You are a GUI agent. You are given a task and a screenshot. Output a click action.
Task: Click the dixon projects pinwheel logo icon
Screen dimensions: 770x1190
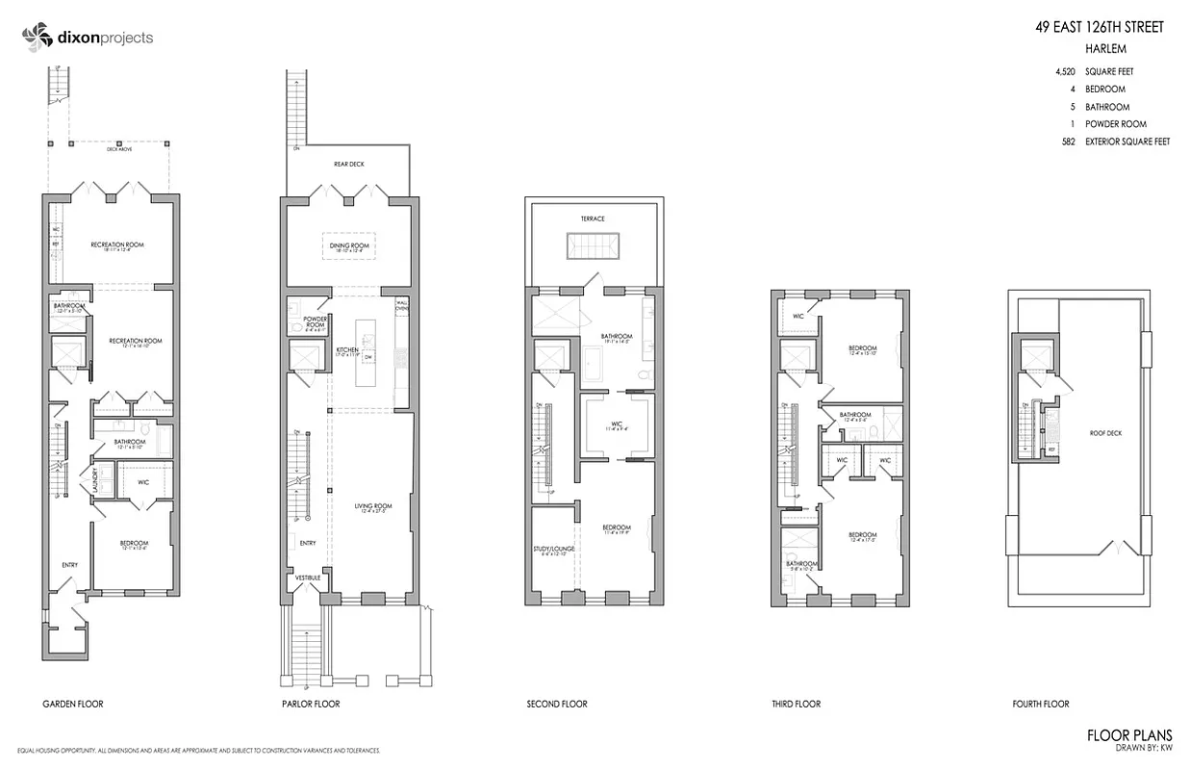click(36, 38)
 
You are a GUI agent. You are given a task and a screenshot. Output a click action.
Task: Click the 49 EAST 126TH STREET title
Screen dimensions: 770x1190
click(1099, 27)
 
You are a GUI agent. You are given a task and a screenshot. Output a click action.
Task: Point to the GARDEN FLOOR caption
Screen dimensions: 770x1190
click(73, 704)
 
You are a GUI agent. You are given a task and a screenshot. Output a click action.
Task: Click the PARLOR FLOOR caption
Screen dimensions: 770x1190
click(311, 704)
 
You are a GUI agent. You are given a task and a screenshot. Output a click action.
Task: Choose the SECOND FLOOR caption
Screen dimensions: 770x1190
click(557, 704)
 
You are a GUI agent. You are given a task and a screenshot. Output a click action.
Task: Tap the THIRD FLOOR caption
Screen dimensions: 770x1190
click(796, 704)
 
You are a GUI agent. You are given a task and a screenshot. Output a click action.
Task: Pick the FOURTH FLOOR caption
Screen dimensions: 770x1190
click(1041, 704)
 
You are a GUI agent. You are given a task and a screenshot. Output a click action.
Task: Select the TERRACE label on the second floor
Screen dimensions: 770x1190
click(593, 218)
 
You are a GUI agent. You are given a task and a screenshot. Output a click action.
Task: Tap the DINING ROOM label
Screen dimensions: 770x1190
click(349, 245)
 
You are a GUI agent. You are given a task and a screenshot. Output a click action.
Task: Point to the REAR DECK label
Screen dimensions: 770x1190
click(349, 164)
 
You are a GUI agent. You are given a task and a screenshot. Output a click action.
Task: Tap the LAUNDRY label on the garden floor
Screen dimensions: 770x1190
click(96, 479)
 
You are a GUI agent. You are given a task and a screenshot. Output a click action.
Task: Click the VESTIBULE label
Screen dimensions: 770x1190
click(308, 577)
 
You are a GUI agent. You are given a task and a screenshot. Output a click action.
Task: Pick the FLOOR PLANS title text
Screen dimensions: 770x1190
click(1129, 735)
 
